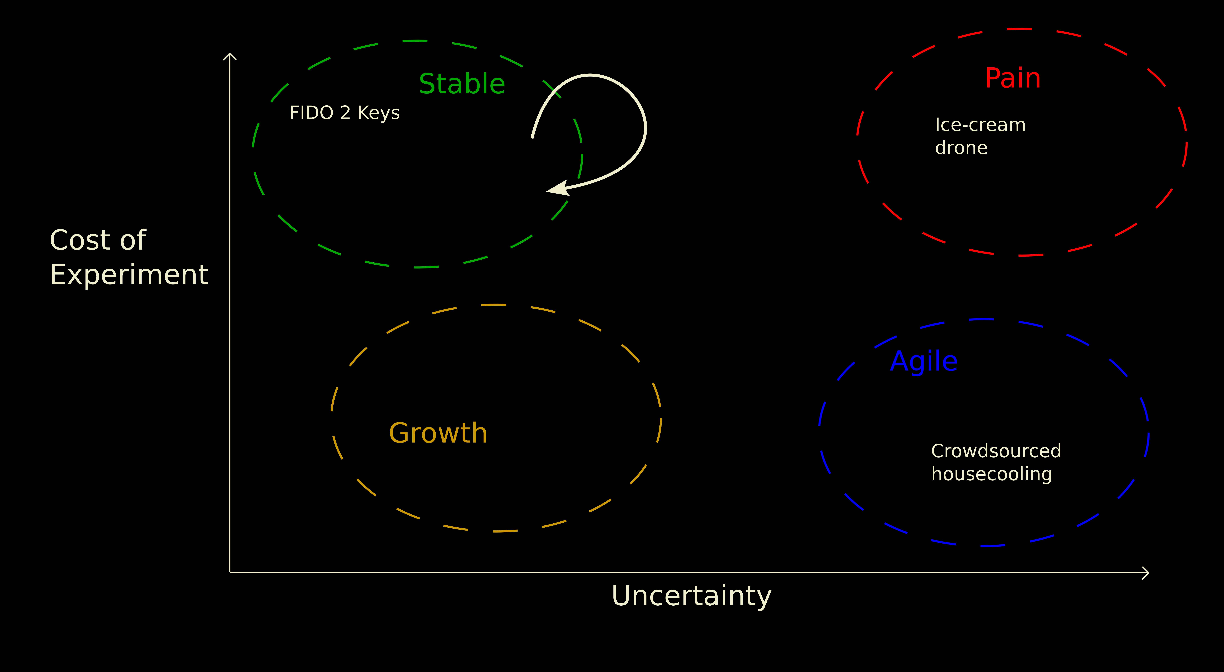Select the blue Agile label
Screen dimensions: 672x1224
(x=924, y=362)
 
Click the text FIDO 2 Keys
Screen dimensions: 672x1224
(x=344, y=113)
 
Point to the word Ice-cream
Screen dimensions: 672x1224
(x=980, y=125)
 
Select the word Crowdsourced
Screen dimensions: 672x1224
(x=996, y=451)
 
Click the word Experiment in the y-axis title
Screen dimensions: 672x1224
(x=129, y=275)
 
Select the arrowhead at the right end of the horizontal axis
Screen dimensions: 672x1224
(x=1146, y=573)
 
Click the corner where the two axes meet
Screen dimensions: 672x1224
(x=230, y=572)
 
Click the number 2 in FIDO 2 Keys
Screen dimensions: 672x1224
(x=345, y=113)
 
